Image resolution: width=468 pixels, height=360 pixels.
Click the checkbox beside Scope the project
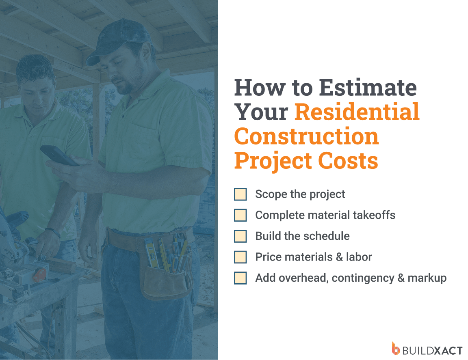pos(240,194)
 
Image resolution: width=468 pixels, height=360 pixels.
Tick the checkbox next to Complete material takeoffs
pos(240,215)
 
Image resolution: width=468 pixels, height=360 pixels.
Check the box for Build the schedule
pos(240,236)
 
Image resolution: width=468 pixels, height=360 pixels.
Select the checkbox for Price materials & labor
pos(240,257)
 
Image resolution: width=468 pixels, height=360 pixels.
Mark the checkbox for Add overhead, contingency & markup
pos(240,278)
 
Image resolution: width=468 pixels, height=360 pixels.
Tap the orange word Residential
pos(357,112)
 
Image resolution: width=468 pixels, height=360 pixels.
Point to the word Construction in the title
pos(306,137)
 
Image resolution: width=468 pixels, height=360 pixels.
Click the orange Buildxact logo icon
pos(396,348)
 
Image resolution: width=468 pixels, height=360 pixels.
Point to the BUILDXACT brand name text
pos(432,349)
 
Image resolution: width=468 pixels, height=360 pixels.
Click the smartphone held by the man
pos(59,155)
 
